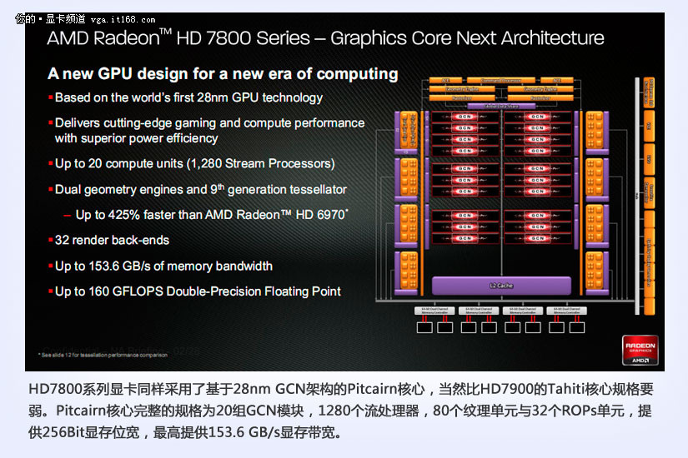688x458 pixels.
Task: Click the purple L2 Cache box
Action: (500, 286)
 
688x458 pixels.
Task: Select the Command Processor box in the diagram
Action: (500, 81)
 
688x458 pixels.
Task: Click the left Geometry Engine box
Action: (461, 89)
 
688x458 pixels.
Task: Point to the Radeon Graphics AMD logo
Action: (640, 350)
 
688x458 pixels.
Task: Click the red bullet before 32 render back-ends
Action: (50, 241)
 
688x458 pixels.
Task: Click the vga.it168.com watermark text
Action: (122, 19)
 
